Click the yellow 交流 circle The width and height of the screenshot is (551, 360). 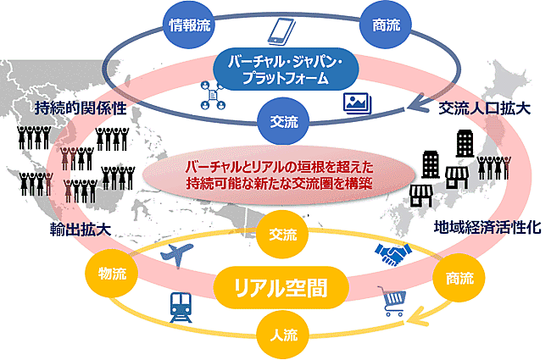point(282,235)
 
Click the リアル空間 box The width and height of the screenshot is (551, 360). point(281,286)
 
